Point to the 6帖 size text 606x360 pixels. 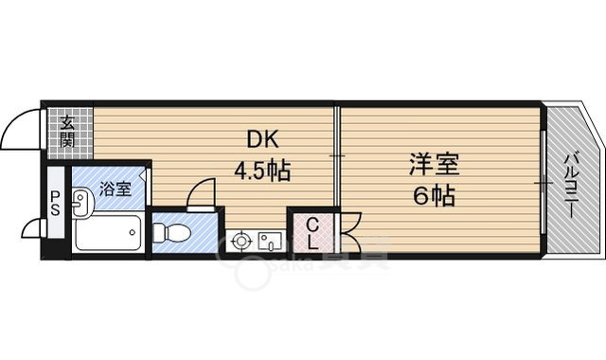point(434,197)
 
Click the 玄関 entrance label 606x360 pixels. point(68,131)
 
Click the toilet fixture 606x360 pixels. point(174,231)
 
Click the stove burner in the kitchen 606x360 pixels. point(241,241)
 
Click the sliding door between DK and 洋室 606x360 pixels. point(336,156)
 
